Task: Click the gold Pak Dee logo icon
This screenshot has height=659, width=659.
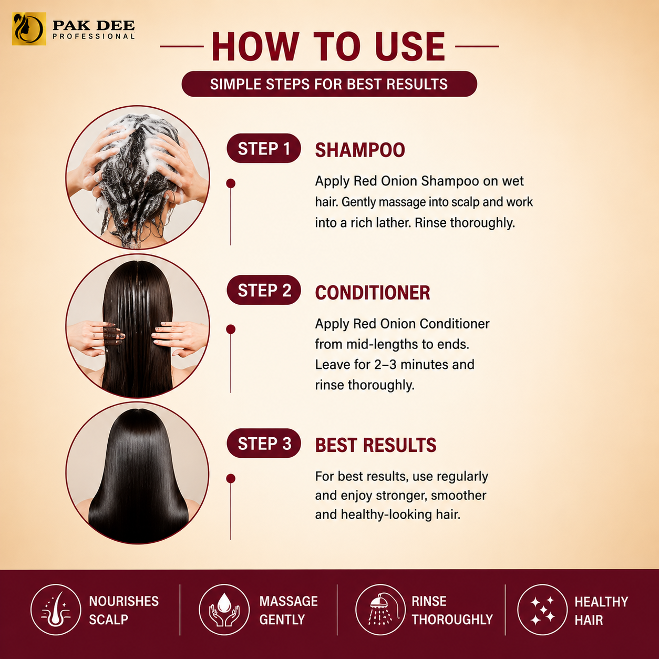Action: (x=29, y=29)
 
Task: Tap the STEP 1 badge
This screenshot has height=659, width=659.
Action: (x=264, y=148)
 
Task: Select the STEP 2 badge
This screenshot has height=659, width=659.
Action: (x=264, y=290)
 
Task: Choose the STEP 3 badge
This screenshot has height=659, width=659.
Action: (x=264, y=443)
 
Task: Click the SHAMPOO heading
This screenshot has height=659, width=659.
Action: (x=360, y=150)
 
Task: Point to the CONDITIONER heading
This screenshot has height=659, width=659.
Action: (x=373, y=293)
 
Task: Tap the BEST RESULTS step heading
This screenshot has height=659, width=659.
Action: (x=376, y=445)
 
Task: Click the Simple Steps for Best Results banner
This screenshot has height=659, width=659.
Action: (x=329, y=84)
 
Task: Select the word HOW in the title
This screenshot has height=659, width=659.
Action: (x=255, y=47)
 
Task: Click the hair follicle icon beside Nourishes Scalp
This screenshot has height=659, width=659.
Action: (x=56, y=610)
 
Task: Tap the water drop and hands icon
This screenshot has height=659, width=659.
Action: (x=224, y=610)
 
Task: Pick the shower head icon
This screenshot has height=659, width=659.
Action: (x=380, y=610)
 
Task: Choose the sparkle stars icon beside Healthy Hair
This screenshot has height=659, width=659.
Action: (x=542, y=610)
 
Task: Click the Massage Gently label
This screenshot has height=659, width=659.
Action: (x=289, y=611)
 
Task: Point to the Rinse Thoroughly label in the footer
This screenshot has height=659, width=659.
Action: (x=452, y=611)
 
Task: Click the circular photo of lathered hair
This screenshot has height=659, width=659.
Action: (x=138, y=177)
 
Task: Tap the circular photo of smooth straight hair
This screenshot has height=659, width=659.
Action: (x=138, y=472)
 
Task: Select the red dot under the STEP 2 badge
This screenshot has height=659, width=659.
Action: (x=231, y=329)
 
